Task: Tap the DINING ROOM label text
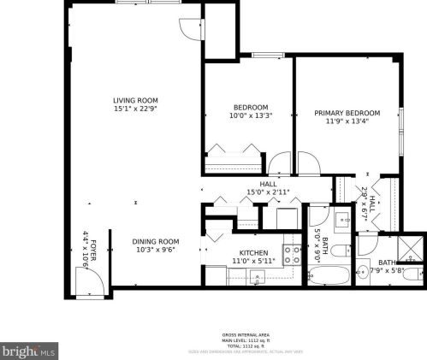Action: pos(155,241)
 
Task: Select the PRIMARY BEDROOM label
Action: pos(347,113)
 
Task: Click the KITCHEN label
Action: pos(253,253)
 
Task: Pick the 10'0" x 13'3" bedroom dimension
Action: pos(251,116)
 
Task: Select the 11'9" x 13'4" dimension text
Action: pos(347,121)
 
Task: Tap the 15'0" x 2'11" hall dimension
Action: pos(268,192)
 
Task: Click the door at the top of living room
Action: pos(187,29)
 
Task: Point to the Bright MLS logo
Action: pos(28,350)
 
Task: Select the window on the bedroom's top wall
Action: pos(267,56)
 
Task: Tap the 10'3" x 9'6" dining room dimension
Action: pos(155,250)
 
